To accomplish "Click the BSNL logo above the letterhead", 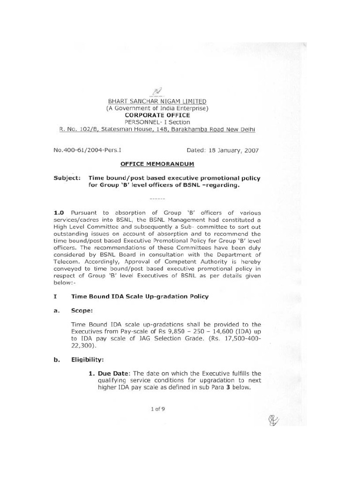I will point(157,91).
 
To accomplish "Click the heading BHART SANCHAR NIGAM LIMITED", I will point(157,101).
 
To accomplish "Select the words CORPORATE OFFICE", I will point(157,115).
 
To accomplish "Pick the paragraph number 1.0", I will point(61,212).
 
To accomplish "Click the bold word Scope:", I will point(82,310).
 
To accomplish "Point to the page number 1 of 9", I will point(157,409).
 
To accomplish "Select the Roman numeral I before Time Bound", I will point(55,296).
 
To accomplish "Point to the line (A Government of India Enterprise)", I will point(157,108).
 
